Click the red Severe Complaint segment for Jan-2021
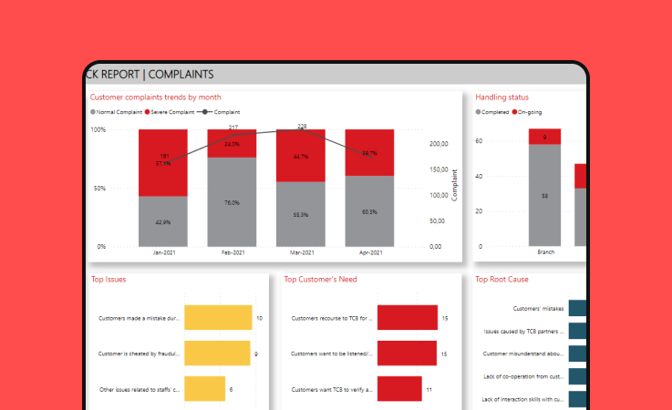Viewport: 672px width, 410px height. [x=163, y=162]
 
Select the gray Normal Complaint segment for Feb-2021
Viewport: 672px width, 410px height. [x=232, y=201]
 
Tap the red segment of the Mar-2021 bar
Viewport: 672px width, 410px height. [x=301, y=155]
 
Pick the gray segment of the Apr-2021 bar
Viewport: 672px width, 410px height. [x=369, y=210]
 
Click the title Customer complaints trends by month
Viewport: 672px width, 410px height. [x=155, y=97]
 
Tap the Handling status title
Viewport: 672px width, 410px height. [x=501, y=97]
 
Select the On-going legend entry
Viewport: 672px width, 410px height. [x=532, y=111]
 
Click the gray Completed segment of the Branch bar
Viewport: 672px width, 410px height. [x=544, y=195]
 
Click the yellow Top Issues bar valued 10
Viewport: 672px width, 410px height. [x=218, y=318]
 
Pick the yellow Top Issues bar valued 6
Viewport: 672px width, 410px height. [x=204, y=389]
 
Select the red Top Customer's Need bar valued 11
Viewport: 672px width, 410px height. [x=399, y=389]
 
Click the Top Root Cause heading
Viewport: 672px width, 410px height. [x=501, y=280]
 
